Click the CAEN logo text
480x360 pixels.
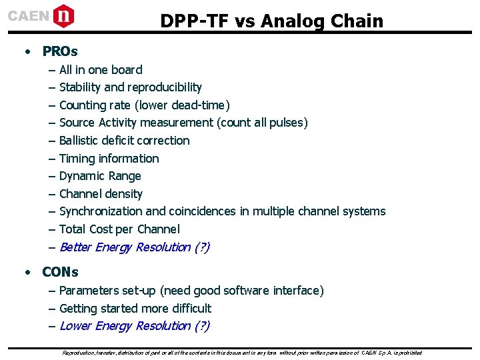click(x=29, y=15)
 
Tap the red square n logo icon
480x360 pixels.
click(x=63, y=15)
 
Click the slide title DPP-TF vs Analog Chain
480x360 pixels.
click(x=271, y=21)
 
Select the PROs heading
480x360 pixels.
click(x=60, y=51)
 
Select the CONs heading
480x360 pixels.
click(x=60, y=272)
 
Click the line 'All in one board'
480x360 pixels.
click(x=101, y=70)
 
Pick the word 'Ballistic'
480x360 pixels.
click(x=79, y=141)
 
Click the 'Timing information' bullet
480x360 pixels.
click(x=109, y=159)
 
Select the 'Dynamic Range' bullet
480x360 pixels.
click(x=100, y=176)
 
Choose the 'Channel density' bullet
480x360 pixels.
click(x=101, y=194)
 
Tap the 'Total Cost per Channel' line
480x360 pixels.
click(x=119, y=229)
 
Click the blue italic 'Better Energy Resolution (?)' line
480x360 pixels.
click(x=135, y=247)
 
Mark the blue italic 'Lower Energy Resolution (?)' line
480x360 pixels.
click(x=135, y=326)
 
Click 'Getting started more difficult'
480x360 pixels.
click(x=135, y=309)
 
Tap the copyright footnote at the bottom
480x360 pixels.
click(x=241, y=352)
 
